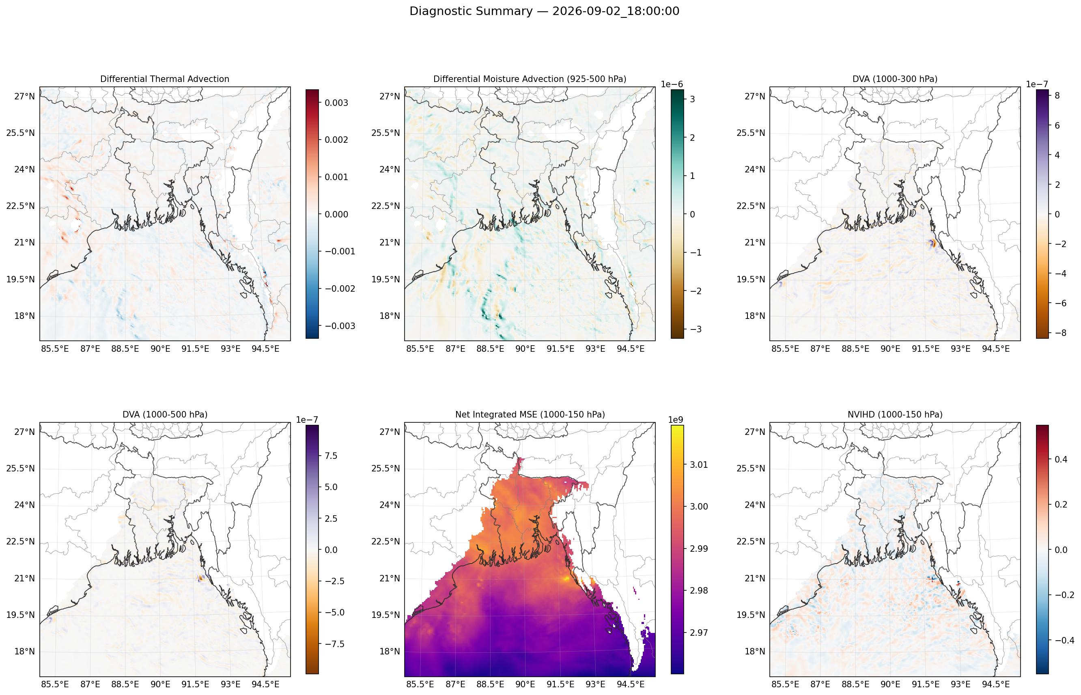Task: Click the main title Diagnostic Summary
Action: tap(471, 11)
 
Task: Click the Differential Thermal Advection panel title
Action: tap(165, 79)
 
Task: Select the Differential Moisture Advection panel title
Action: tap(530, 79)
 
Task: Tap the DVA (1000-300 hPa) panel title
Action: tap(895, 79)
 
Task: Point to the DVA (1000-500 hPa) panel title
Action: tap(165, 414)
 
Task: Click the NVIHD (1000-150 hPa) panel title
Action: tap(895, 414)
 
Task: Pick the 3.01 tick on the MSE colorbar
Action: tap(699, 465)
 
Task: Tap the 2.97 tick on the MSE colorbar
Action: tap(699, 633)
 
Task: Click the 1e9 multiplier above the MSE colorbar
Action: tap(675, 420)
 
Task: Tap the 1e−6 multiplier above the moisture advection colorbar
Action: tap(672, 84)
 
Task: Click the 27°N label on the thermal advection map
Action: tap(24, 97)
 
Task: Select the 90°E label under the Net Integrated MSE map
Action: tap(525, 684)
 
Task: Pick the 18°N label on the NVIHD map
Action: tap(755, 652)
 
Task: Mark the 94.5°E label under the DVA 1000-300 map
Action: tap(995, 349)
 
